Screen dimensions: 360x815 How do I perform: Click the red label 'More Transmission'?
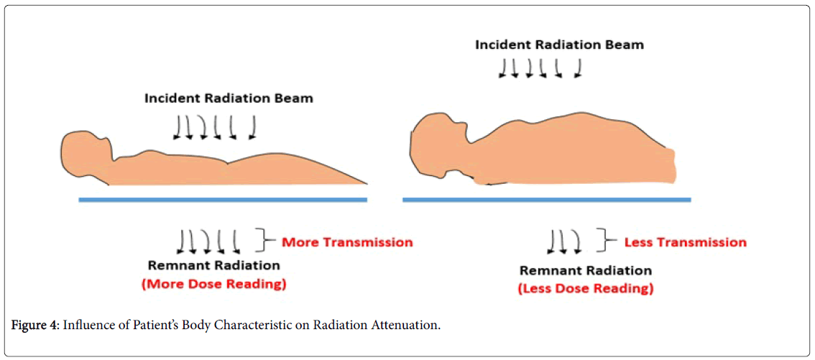click(347, 242)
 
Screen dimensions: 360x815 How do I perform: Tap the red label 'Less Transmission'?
click(685, 242)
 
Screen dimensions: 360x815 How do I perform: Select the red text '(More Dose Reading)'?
click(213, 284)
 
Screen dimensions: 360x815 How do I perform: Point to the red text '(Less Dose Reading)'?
click(586, 289)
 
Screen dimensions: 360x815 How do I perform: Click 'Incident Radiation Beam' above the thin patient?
click(229, 98)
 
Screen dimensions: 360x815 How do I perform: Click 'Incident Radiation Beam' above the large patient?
click(559, 45)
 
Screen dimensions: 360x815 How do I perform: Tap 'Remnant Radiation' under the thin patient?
click(213, 265)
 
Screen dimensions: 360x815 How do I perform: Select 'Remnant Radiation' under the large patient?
click(586, 271)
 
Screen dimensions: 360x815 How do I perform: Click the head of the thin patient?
click(84, 152)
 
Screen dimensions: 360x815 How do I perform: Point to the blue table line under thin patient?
click(223, 199)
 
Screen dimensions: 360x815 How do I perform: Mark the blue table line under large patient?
click(546, 199)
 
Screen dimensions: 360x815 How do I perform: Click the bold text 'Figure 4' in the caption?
click(34, 326)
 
